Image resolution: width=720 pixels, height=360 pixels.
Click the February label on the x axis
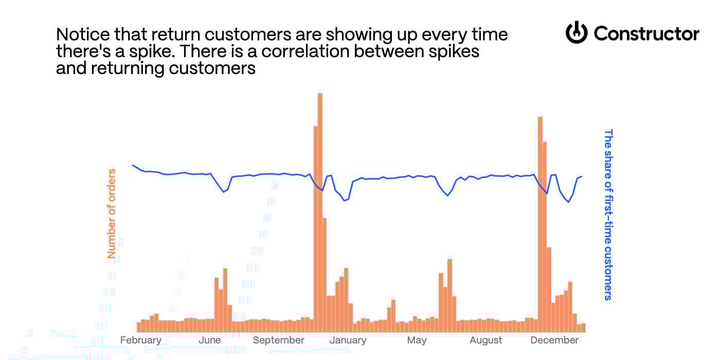[x=140, y=340]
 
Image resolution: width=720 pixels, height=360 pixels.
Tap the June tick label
[x=209, y=340]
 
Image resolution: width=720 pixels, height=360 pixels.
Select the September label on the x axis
[x=278, y=340]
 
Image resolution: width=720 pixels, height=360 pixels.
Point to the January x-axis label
[x=348, y=340]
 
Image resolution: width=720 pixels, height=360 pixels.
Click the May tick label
[x=417, y=340]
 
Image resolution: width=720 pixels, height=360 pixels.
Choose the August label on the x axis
[x=485, y=340]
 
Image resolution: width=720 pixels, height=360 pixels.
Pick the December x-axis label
[x=554, y=340]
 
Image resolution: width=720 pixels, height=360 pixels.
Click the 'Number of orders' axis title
[x=112, y=213]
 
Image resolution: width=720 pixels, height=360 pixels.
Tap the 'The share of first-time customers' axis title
[x=608, y=214]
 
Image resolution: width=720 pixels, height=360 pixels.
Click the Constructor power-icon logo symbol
[x=577, y=33]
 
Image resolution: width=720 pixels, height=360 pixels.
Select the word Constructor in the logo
[x=646, y=34]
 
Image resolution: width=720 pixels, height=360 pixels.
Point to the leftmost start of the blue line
[x=133, y=165]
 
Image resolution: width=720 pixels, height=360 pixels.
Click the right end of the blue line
[x=582, y=176]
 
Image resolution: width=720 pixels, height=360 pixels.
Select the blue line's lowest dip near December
[x=569, y=202]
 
